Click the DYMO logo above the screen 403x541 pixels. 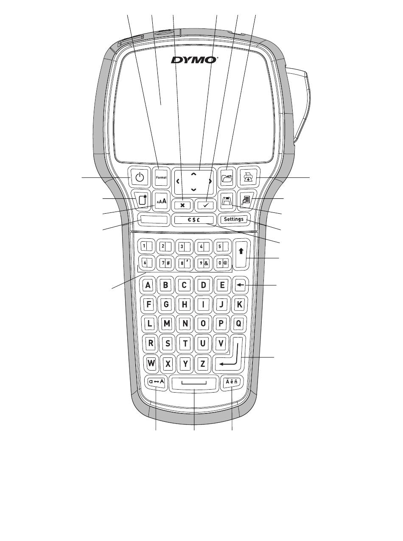(195, 60)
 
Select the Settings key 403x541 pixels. (234, 220)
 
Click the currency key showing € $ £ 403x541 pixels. (195, 220)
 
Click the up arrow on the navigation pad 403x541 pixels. (194, 174)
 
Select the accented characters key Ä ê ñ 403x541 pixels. (232, 382)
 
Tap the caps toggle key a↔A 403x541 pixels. (157, 382)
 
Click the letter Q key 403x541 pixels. (238, 323)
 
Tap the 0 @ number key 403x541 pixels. (223, 262)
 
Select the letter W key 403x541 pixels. (150, 363)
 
